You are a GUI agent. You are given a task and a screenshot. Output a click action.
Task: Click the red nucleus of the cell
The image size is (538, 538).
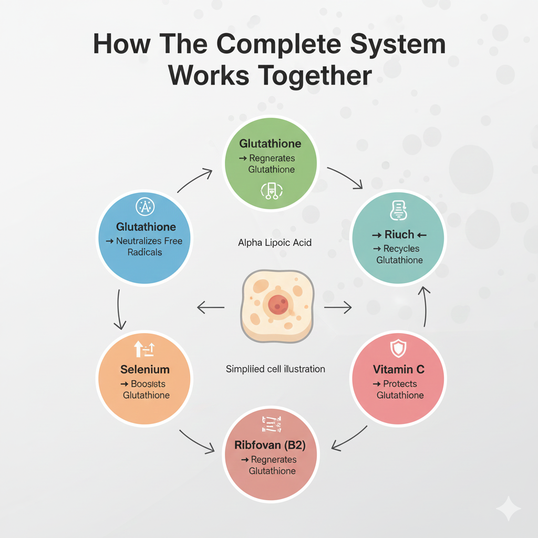pos(277,303)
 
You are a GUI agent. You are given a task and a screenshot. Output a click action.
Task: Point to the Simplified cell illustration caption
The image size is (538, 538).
pos(275,369)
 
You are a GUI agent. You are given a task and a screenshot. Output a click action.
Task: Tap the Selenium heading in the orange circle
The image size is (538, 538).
pos(144,369)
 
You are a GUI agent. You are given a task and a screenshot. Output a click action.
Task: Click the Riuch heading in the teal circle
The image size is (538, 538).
pos(399,234)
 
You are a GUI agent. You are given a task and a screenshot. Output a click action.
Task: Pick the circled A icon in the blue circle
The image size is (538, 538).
pos(145,207)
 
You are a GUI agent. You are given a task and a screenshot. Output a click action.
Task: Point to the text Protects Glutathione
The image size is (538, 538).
pos(399,389)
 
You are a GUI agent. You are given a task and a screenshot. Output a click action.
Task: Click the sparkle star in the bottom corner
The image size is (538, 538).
pos(508,509)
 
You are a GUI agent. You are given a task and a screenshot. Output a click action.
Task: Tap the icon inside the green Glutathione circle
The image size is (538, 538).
pos(272,192)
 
